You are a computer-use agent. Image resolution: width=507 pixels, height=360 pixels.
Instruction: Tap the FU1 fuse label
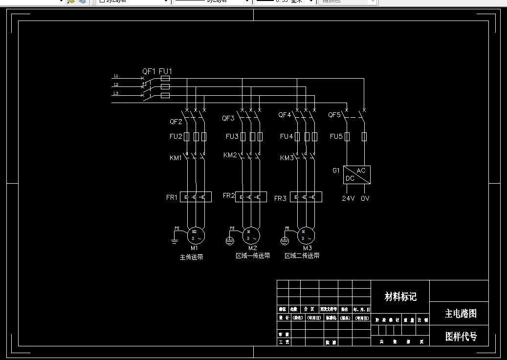coord(166,71)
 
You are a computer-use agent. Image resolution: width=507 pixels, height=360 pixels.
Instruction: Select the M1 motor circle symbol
coord(195,235)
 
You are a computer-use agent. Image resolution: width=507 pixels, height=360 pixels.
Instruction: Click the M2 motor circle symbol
coord(251,235)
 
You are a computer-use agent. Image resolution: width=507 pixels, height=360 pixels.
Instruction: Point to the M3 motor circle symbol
coord(306,235)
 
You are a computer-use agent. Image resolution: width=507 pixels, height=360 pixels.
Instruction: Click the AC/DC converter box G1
coord(357,174)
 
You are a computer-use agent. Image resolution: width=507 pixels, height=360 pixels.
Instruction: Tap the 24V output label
coord(348,199)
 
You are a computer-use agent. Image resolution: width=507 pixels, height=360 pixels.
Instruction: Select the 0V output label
coord(365,199)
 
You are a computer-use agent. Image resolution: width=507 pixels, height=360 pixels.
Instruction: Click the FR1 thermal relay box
coord(196,197)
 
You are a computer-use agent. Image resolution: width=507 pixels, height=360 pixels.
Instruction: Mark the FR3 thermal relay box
coord(306,197)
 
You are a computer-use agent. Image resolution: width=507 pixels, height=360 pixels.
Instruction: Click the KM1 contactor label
coord(176,158)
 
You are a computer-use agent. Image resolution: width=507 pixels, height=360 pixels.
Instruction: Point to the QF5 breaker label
coord(334,115)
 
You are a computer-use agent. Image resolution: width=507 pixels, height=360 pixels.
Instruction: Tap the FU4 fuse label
coord(286,137)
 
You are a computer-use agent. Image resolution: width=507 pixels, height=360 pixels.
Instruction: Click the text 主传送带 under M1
coord(192,257)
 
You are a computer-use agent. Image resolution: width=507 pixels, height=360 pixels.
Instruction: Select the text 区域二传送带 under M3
coord(302,256)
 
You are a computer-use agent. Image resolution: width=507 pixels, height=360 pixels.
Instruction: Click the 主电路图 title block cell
coord(460,314)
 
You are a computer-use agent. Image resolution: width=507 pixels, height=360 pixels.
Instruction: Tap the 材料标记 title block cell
coord(400,296)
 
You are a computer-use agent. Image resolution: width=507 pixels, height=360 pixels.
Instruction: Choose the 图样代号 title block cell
coord(460,336)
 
